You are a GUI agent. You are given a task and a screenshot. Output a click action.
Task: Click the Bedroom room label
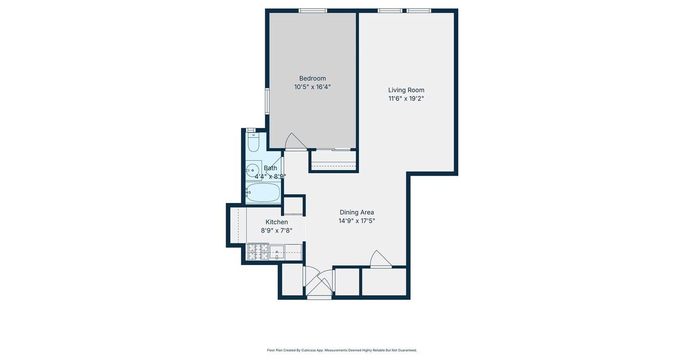coord(312,78)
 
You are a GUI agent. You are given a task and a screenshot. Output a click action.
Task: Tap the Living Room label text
coord(406,90)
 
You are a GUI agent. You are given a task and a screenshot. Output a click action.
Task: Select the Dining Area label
coord(357,212)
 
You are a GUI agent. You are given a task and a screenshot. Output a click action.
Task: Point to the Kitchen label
coord(277,222)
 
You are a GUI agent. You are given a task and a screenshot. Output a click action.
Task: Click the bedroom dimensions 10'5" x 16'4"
coord(312,87)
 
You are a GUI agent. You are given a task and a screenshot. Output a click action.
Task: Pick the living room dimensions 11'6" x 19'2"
coord(406,99)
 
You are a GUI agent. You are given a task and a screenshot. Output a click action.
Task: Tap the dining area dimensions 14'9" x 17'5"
coord(357,221)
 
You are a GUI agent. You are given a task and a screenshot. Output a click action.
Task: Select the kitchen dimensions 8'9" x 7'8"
coord(277,231)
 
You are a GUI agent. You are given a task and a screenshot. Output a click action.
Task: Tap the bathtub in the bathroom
coord(263,193)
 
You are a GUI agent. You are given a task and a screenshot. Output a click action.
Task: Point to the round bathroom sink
coord(253,170)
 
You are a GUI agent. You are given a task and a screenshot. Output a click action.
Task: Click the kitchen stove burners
coord(258,252)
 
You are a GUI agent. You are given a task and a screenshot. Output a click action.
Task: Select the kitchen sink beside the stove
coord(277,252)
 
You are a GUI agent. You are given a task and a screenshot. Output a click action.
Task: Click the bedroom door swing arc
coord(295,141)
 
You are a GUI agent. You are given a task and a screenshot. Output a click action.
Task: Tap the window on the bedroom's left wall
coord(267,101)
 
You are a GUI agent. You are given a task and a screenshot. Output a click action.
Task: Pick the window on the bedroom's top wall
coord(313,10)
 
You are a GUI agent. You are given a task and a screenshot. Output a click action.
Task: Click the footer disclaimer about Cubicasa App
coord(342,350)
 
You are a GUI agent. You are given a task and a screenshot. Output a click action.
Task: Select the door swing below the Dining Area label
coord(380,259)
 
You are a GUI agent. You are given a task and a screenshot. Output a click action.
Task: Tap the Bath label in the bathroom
coord(270,168)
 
